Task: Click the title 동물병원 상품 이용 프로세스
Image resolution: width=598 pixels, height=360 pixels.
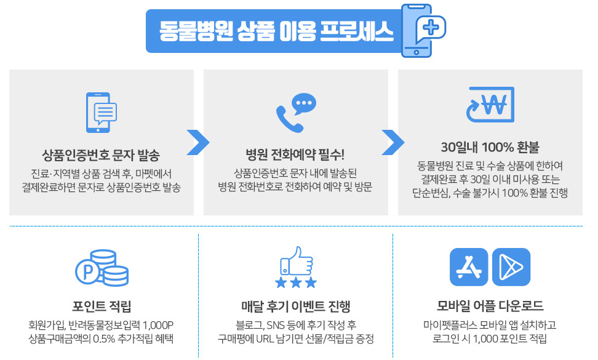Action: [276, 31]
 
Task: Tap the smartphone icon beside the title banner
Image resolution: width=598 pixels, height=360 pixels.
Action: [417, 32]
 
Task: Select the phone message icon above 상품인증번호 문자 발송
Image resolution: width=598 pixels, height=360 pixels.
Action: [102, 113]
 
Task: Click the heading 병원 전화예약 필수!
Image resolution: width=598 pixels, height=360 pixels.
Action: [296, 153]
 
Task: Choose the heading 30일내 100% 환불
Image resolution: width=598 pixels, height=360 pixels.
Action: [490, 148]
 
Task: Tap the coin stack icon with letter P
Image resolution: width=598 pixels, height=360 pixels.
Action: [102, 268]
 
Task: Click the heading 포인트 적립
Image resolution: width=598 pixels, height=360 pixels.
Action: [102, 306]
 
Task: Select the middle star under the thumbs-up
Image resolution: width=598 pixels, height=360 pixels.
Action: [296, 282]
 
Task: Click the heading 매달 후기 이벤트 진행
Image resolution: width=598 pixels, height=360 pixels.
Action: [296, 306]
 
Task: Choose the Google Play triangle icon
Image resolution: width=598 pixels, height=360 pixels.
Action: [511, 266]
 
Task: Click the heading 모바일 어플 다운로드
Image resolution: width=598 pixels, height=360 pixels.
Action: [490, 306]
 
